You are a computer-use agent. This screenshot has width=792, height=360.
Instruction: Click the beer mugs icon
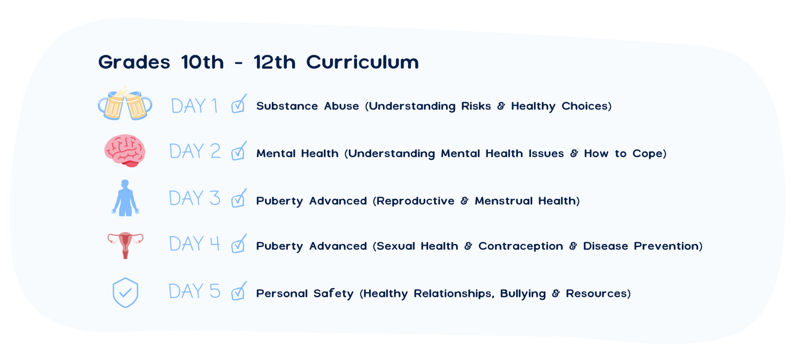tap(125, 103)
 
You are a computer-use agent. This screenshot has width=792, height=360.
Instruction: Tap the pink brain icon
tap(125, 151)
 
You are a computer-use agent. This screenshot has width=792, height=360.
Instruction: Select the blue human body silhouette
tap(125, 198)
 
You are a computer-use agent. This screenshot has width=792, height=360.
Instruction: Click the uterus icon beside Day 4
tap(125, 245)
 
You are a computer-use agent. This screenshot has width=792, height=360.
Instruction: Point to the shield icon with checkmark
tap(125, 293)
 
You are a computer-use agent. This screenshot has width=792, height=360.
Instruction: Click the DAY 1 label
tap(194, 106)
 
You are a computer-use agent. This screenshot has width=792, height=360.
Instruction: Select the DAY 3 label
tap(195, 198)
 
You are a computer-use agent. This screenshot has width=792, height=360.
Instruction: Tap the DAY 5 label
tap(195, 291)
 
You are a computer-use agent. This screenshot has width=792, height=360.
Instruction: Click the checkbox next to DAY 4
tap(238, 243)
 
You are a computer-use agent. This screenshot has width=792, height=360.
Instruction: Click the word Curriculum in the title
tap(362, 62)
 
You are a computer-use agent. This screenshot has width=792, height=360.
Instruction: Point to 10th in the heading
tap(203, 62)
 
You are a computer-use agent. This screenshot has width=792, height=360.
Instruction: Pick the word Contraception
tap(521, 247)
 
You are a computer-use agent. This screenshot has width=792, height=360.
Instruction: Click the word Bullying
tap(523, 294)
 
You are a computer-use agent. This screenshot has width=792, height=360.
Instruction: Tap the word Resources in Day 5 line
tap(596, 294)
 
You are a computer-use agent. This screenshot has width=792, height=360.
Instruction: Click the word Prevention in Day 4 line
tap(666, 246)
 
